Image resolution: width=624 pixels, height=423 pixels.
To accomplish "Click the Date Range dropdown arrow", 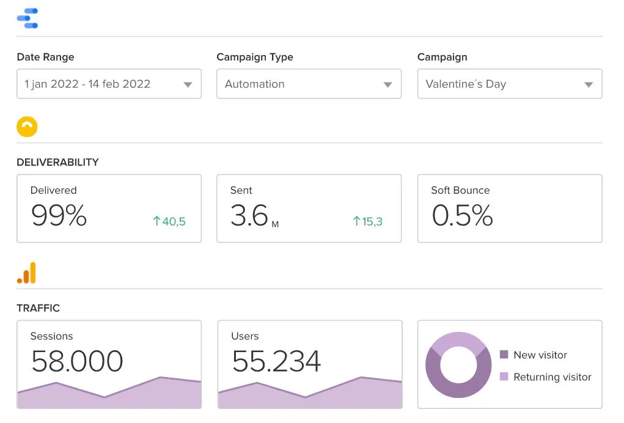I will (188, 85).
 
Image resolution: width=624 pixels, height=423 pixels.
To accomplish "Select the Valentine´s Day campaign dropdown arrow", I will (589, 85).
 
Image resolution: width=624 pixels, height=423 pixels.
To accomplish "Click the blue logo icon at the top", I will (28, 18).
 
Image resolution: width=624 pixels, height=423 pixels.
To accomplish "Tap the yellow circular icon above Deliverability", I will (27, 127).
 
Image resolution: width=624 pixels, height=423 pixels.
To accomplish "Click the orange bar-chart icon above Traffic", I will (26, 273).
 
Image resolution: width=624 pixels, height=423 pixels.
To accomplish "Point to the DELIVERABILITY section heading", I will (57, 163).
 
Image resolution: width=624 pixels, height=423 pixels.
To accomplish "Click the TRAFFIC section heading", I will (39, 308).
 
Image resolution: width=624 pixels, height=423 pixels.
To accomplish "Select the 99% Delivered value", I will (59, 216).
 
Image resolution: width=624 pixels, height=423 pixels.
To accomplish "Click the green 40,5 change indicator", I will (169, 221).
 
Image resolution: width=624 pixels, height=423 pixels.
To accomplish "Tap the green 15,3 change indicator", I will (368, 221).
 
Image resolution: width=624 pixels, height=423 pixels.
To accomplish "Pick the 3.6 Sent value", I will (249, 216).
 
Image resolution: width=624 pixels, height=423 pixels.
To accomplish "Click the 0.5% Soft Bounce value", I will (462, 216).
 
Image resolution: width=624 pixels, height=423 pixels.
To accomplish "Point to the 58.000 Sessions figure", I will (77, 361).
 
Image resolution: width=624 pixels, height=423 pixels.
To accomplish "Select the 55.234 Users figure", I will (276, 361).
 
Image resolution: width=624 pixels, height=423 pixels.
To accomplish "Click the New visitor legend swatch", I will (504, 355).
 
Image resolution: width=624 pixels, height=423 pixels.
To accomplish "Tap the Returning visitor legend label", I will (552, 377).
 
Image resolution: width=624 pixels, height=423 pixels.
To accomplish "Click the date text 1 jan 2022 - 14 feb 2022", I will (87, 84).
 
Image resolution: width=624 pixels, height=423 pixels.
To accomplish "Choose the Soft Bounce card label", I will (460, 190).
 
